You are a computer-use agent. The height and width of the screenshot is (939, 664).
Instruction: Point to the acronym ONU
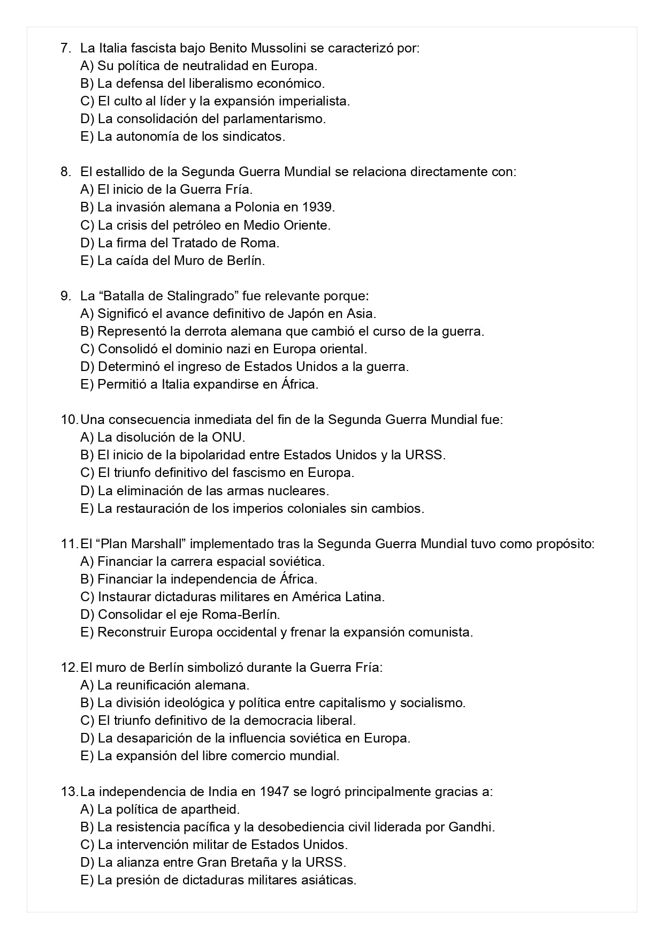pos(227,437)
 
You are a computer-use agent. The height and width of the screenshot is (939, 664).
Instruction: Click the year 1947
pos(275,791)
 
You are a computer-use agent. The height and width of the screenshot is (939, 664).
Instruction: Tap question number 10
pos(69,419)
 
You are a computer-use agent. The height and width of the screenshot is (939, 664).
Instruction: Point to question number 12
pos(69,667)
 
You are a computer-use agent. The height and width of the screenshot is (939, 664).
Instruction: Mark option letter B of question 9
pos(87,331)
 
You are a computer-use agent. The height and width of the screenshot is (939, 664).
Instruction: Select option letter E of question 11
pos(87,632)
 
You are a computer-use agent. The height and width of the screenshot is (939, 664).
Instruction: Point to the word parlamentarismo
pos(274,119)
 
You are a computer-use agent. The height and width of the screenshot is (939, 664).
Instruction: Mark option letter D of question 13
pos(87,862)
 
